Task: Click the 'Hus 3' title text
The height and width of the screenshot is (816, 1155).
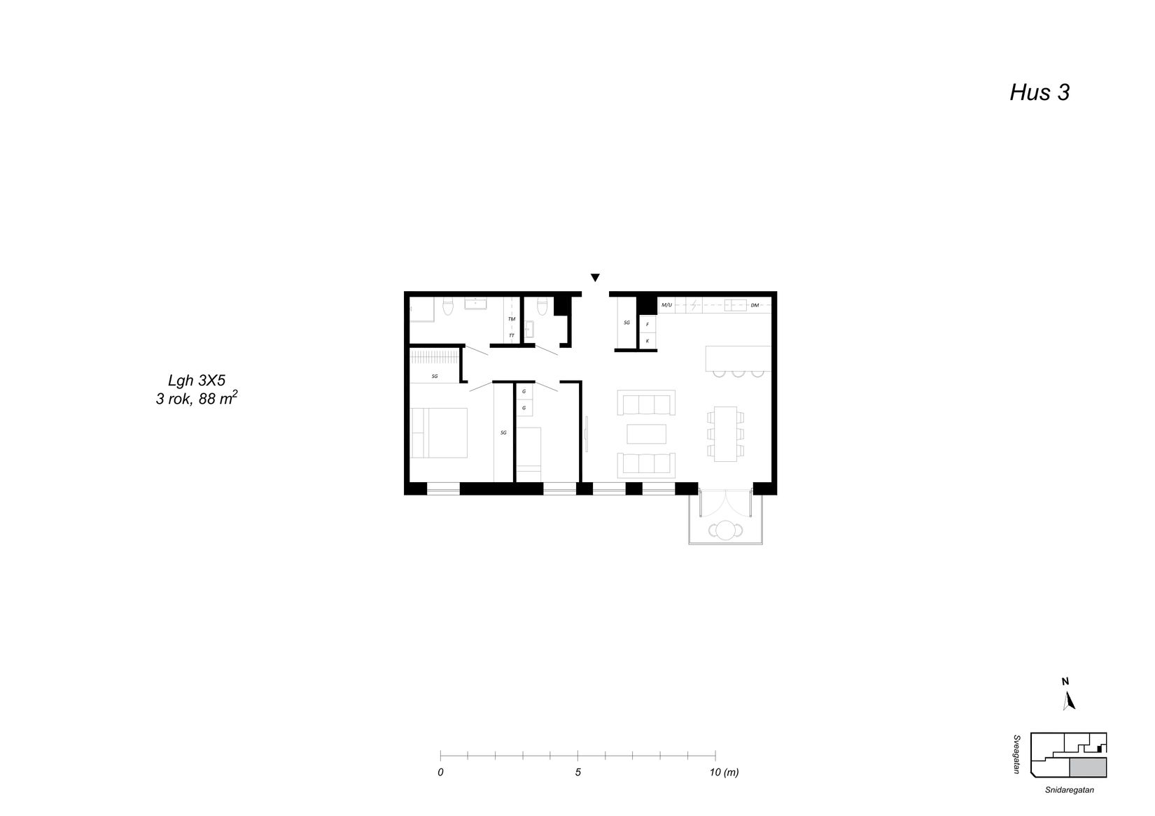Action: pyautogui.click(x=1039, y=93)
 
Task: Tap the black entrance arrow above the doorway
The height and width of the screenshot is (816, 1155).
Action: pyautogui.click(x=595, y=278)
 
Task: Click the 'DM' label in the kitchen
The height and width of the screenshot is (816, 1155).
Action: pyautogui.click(x=755, y=306)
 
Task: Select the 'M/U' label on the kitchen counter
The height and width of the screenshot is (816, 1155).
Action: pyautogui.click(x=666, y=305)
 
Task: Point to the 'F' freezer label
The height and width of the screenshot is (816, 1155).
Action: pyautogui.click(x=647, y=325)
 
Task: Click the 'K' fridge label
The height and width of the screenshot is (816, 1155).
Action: pyautogui.click(x=647, y=341)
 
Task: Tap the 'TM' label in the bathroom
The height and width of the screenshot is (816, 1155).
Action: pyautogui.click(x=512, y=319)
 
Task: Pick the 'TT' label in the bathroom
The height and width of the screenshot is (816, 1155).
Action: pyautogui.click(x=512, y=336)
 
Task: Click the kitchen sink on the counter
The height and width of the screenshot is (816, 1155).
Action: pyautogui.click(x=735, y=305)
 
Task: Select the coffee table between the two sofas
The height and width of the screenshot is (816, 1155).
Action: pyautogui.click(x=646, y=434)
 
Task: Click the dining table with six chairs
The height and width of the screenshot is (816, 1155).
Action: pyautogui.click(x=725, y=434)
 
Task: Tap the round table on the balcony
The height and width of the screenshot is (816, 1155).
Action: pyautogui.click(x=725, y=530)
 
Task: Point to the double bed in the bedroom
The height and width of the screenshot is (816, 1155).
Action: pyautogui.click(x=440, y=433)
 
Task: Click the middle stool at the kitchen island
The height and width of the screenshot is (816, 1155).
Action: pyautogui.click(x=738, y=373)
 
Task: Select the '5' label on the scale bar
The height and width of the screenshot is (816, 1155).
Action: pyautogui.click(x=578, y=772)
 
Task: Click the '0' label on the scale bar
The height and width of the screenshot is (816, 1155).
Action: pyautogui.click(x=440, y=772)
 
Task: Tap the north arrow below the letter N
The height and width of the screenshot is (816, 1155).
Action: pyautogui.click(x=1069, y=701)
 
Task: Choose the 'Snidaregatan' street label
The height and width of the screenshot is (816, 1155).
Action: pyautogui.click(x=1070, y=789)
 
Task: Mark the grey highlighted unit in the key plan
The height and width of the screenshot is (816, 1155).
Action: pyautogui.click(x=1088, y=767)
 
